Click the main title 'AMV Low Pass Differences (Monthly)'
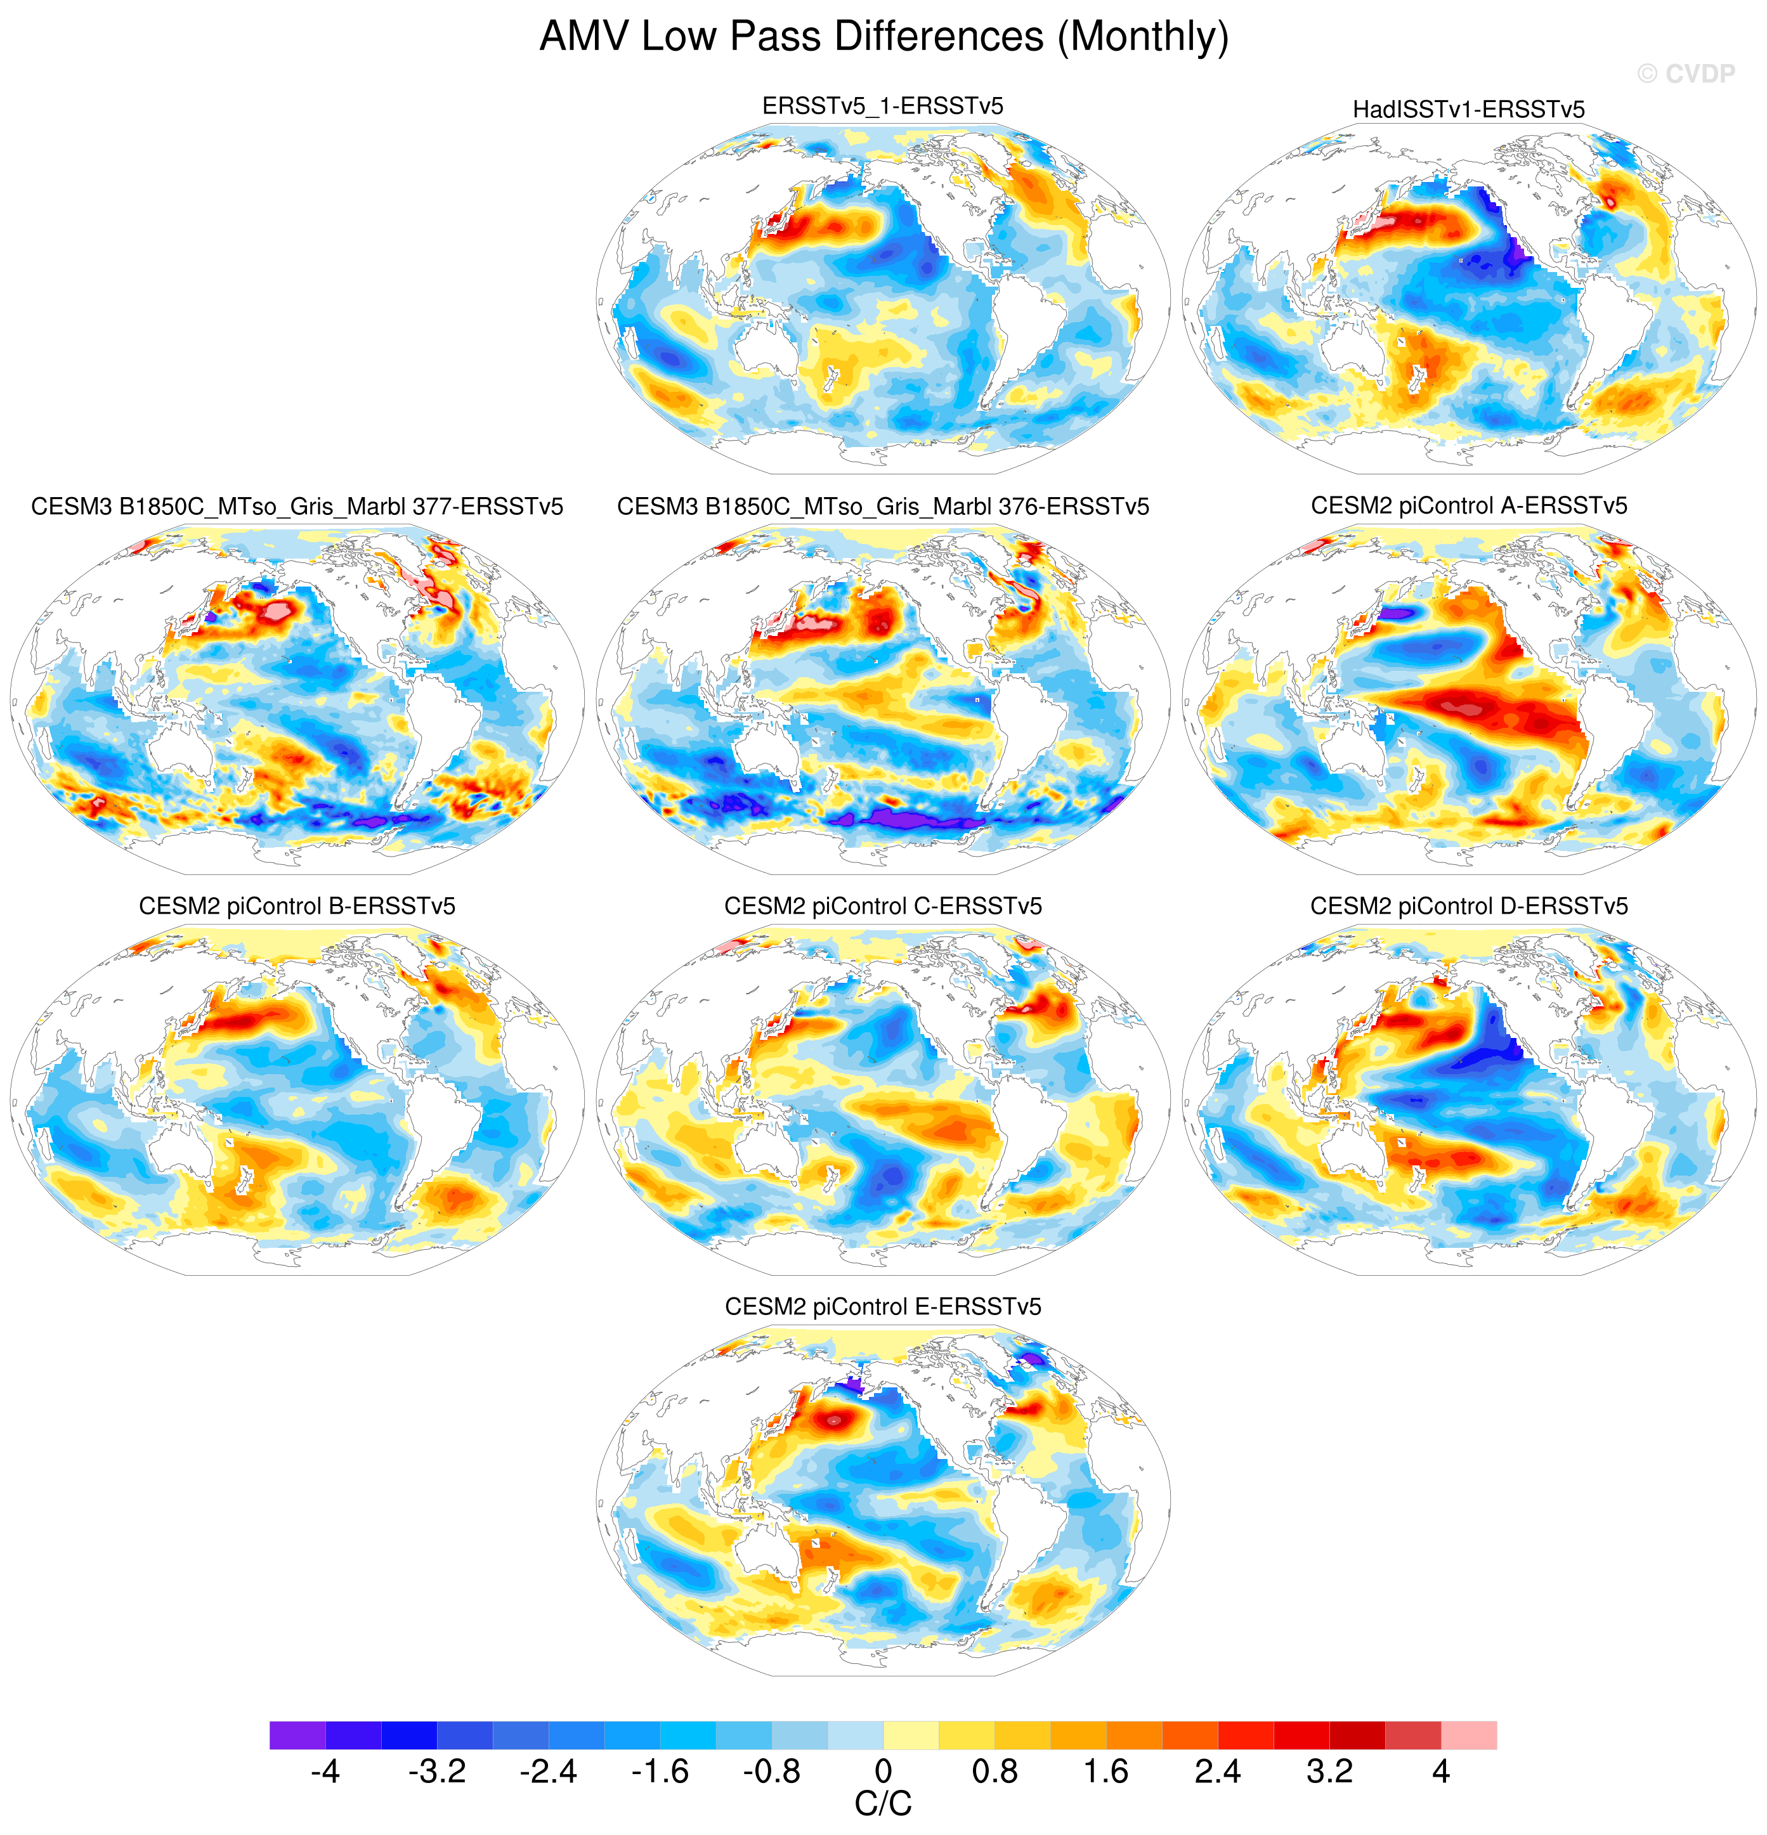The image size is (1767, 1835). point(883,37)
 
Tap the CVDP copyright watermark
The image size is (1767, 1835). point(1686,74)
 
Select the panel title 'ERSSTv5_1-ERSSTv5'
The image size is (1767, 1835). point(882,106)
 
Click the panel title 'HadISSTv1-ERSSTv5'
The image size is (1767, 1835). point(1468,110)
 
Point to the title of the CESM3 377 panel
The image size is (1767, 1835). point(297,507)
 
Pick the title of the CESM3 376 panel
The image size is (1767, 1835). point(882,507)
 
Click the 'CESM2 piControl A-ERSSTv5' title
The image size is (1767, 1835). point(1468,505)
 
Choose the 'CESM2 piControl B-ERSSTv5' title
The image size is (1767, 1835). point(297,906)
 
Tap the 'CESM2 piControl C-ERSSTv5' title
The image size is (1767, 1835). point(882,906)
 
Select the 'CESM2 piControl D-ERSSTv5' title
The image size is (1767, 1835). point(1468,906)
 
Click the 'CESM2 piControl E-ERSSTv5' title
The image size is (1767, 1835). point(882,1306)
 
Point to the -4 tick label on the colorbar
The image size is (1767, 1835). point(324,1772)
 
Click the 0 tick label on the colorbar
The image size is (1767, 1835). point(883,1772)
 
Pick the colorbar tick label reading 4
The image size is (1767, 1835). point(1441,1772)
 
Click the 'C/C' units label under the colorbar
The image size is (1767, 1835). point(883,1804)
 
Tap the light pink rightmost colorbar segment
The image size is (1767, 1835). point(1468,1735)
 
